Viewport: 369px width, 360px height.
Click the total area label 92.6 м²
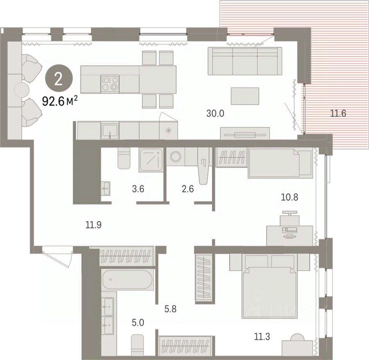(60, 101)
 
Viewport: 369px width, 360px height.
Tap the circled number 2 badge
(58, 80)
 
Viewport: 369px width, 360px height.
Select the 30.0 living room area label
(215, 114)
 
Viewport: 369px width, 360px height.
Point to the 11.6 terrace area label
(338, 114)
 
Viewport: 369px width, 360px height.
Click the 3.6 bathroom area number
(138, 189)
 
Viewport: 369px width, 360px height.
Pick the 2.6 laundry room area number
(188, 189)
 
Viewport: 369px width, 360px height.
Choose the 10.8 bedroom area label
(290, 197)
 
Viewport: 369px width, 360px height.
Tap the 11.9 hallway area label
(93, 225)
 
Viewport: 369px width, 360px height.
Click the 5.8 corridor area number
(171, 309)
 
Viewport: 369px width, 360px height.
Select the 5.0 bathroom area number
(138, 323)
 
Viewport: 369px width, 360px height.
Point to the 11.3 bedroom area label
(262, 337)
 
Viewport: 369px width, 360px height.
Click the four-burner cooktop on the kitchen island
(110, 84)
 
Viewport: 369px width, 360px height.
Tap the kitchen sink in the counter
(110, 131)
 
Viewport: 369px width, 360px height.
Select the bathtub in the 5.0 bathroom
(128, 280)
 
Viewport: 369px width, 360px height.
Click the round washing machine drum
(175, 156)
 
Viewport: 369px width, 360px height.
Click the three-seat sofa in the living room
(245, 61)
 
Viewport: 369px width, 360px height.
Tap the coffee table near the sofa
(245, 96)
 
